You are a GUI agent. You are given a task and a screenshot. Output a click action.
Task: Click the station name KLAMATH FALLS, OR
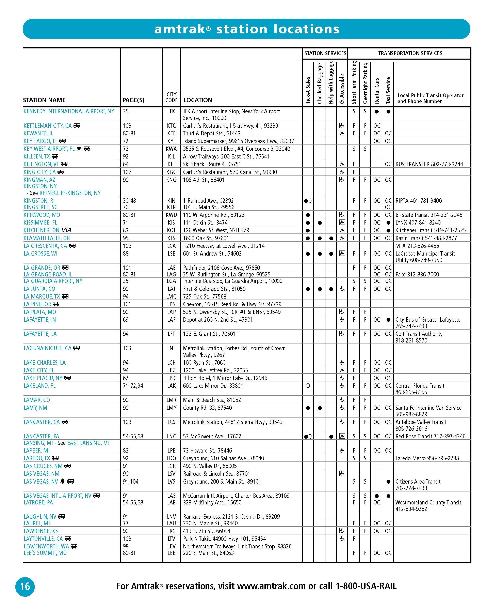(x=47, y=238)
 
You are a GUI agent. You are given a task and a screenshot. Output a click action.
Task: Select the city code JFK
(x=171, y=111)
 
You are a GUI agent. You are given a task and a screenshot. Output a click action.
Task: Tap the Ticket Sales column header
(x=308, y=90)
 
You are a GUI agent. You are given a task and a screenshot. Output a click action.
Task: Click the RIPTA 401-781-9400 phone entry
(x=418, y=200)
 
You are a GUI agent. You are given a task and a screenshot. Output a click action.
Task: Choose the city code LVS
(x=171, y=481)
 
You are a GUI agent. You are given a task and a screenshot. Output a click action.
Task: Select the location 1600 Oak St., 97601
(x=206, y=238)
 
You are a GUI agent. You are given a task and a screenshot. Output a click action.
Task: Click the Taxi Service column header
(x=388, y=90)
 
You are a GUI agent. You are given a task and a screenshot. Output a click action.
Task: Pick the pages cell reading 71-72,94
(x=133, y=385)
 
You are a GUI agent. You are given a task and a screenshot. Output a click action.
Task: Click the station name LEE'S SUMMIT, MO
(x=45, y=553)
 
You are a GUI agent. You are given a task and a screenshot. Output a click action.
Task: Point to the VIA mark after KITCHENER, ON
(x=66, y=230)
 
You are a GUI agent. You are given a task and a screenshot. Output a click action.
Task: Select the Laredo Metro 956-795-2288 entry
(x=427, y=458)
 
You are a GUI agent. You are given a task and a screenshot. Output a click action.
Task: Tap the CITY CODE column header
(x=171, y=97)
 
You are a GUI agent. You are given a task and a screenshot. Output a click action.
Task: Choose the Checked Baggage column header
(x=320, y=84)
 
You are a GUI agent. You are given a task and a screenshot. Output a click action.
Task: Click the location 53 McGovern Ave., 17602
(x=212, y=436)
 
